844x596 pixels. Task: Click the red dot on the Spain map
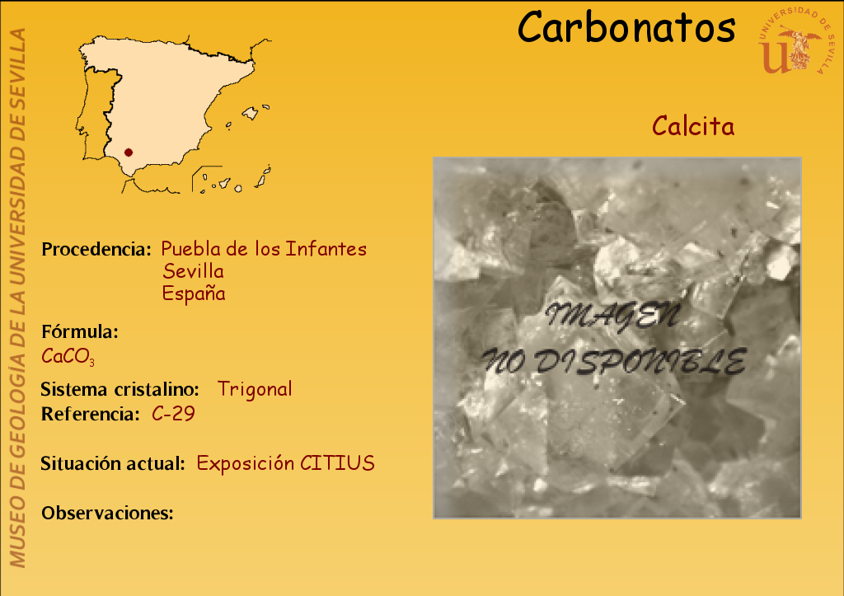[128, 153]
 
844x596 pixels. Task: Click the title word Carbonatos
[626, 27]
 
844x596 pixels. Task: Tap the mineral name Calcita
[693, 126]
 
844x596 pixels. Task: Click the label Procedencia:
[96, 249]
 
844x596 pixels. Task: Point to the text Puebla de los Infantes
[264, 249]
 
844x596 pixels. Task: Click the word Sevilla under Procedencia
[193, 271]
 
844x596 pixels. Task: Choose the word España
[194, 293]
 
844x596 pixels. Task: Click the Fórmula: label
[80, 331]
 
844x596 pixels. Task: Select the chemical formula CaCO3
[68, 356]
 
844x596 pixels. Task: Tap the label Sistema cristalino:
[120, 389]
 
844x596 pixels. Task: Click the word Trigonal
[255, 389]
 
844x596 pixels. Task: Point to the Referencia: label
[91, 414]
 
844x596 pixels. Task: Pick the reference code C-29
[173, 414]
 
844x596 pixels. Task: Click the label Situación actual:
[113, 463]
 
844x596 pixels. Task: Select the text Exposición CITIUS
[285, 463]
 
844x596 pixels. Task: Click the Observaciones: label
[108, 513]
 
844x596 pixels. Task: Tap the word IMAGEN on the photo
[612, 316]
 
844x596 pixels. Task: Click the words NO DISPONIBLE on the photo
[613, 361]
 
